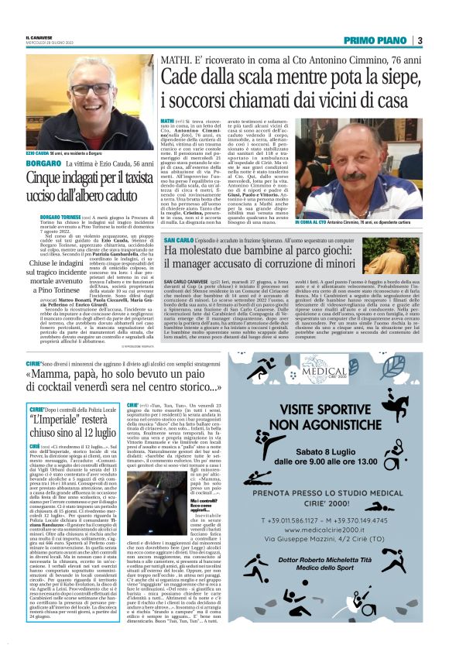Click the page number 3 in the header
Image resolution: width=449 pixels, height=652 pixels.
pyautogui.click(x=419, y=41)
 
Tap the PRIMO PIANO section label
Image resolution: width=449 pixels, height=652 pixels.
pyautogui.click(x=377, y=41)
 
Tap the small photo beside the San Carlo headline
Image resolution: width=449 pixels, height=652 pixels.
pyautogui.click(x=403, y=255)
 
